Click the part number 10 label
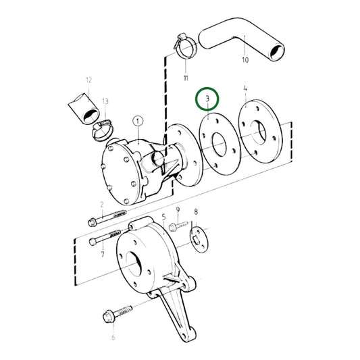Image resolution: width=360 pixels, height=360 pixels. coord(245,60)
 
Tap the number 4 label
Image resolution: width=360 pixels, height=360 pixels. coord(245,88)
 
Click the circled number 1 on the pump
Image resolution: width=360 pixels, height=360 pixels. coord(138,122)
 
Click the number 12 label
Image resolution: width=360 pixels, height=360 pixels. coord(88,80)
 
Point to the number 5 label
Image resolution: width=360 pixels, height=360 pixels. coord(163,217)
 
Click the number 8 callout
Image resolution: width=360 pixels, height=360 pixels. coord(196,212)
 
